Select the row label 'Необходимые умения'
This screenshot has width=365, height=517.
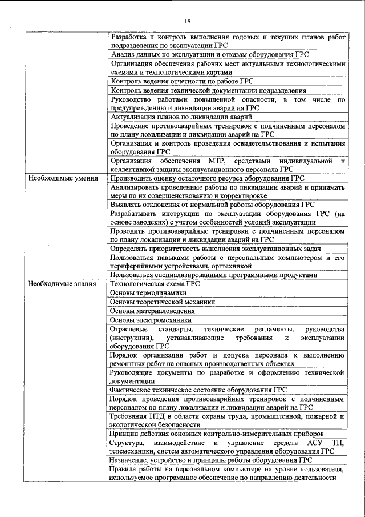pos(61,178)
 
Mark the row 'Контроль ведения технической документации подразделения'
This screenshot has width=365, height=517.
pos(208,90)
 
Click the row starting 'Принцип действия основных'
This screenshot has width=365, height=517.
pos(217,434)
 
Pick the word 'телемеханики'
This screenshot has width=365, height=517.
pos(134,451)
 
